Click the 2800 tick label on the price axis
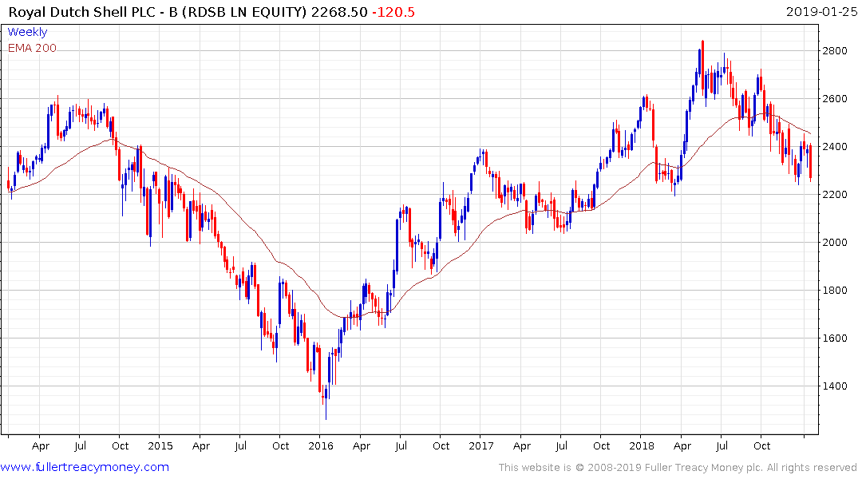pyautogui.click(x=835, y=51)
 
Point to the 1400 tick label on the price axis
pyautogui.click(x=835, y=386)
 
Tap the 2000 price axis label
pyautogui.click(x=835, y=243)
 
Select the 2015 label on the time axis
pyautogui.click(x=160, y=446)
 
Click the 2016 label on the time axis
pyautogui.click(x=321, y=446)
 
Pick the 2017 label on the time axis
pyautogui.click(x=482, y=446)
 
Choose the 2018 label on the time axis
pyautogui.click(x=643, y=446)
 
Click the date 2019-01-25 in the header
pyautogui.click(x=819, y=12)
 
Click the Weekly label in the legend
pyautogui.click(x=27, y=32)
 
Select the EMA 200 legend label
pyautogui.click(x=32, y=48)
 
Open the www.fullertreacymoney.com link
pyautogui.click(x=86, y=467)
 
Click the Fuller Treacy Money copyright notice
pyautogui.click(x=678, y=467)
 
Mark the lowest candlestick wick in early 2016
pyautogui.click(x=326, y=418)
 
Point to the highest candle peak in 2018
pyautogui.click(x=702, y=42)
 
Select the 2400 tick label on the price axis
pyautogui.click(x=835, y=147)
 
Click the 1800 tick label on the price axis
pyautogui.click(x=835, y=291)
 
